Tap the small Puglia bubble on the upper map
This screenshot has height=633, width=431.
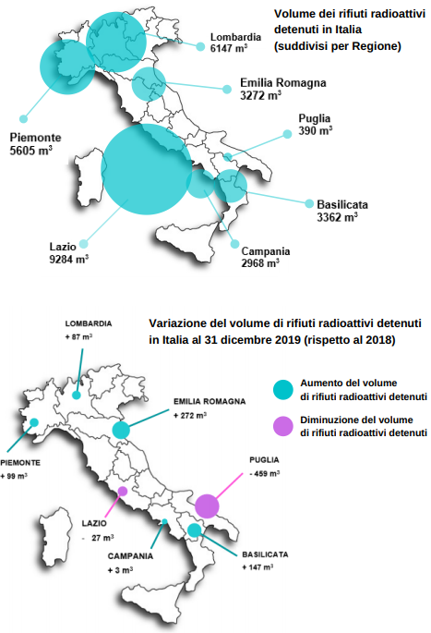tap(228, 158)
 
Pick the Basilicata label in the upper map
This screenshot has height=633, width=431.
tap(342, 204)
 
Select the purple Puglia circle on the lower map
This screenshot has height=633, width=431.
tap(206, 505)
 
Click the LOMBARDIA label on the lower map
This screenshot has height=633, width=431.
tap(89, 323)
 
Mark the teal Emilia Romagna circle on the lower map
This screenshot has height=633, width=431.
tap(121, 430)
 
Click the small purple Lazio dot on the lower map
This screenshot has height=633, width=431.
tap(121, 491)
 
